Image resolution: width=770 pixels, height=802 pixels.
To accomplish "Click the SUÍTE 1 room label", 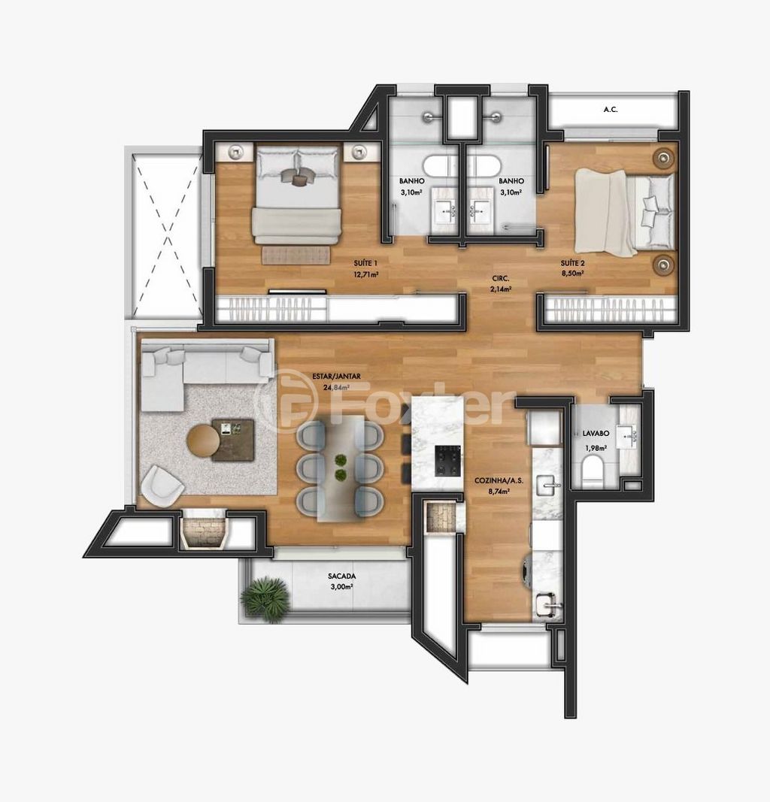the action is (365, 263).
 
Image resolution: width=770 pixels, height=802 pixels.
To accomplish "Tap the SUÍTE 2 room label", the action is (572, 263).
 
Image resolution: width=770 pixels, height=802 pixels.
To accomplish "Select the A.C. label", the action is (611, 110).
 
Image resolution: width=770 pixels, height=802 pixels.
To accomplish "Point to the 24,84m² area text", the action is (336, 387).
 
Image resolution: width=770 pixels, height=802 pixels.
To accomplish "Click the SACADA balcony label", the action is (342, 577).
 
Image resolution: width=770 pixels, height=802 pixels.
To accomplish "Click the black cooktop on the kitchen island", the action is (448, 460).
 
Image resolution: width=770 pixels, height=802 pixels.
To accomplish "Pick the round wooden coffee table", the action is (204, 440).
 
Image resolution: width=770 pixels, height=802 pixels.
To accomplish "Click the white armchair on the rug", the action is (162, 485).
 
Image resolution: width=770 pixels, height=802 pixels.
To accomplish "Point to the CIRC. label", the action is (500, 278).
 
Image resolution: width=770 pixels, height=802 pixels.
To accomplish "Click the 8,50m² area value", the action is (572, 273).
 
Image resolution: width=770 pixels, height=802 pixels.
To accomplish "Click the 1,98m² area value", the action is (596, 448).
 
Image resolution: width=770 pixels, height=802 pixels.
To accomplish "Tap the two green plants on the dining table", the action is (341, 468).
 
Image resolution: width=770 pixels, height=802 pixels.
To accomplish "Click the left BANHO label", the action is (411, 181).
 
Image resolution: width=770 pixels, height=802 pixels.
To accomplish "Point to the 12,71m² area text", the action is (365, 274).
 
